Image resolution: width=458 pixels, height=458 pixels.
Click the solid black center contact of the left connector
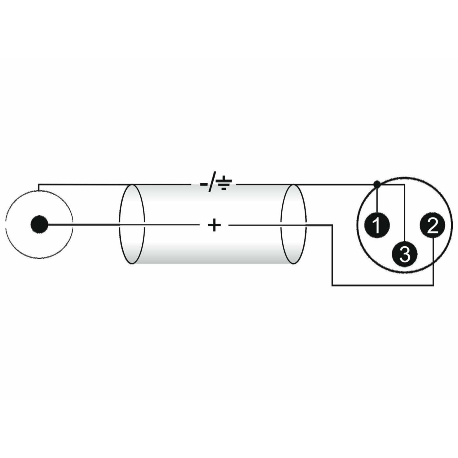[x=39, y=224]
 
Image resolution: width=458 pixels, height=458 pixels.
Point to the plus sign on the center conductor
[x=214, y=225]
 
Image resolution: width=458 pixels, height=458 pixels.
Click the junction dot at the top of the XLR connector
[x=377, y=184]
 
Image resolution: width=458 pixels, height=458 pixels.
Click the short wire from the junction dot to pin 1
[x=377, y=200]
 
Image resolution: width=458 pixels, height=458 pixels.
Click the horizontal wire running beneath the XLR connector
[x=382, y=285]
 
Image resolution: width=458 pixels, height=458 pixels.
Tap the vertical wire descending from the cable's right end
[x=332, y=255]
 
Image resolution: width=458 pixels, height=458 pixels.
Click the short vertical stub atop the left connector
[x=39, y=187]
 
